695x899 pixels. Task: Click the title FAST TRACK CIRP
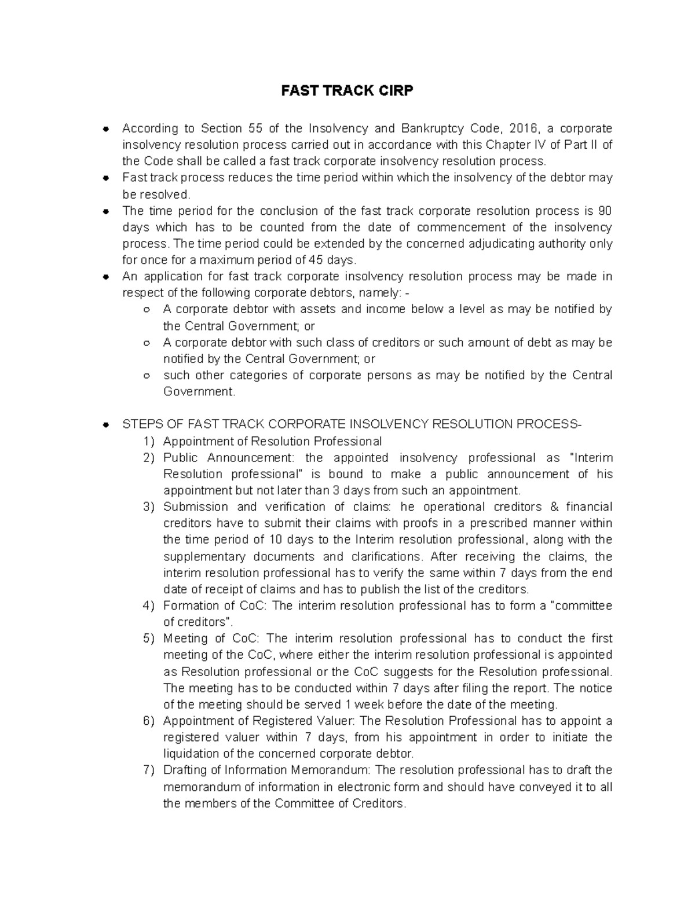347,91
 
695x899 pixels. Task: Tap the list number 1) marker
149,441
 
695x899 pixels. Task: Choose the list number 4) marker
149,606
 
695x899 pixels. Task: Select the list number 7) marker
149,770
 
